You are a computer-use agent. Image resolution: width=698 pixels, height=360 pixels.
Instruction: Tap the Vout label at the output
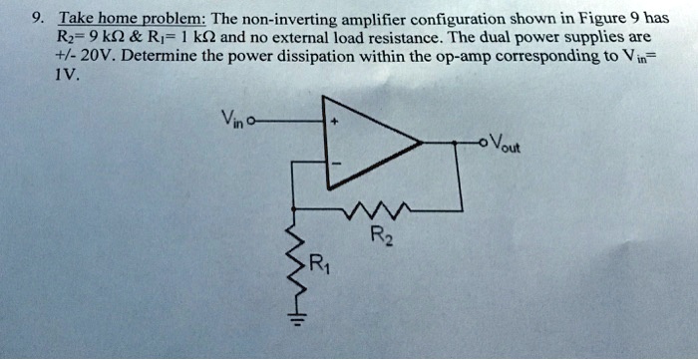point(503,145)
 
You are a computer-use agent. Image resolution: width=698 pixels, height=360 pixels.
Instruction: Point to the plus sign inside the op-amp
point(336,119)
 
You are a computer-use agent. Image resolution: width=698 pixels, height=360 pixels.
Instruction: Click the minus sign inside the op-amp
point(336,166)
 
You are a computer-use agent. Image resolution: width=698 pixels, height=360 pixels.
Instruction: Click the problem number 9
point(36,19)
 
